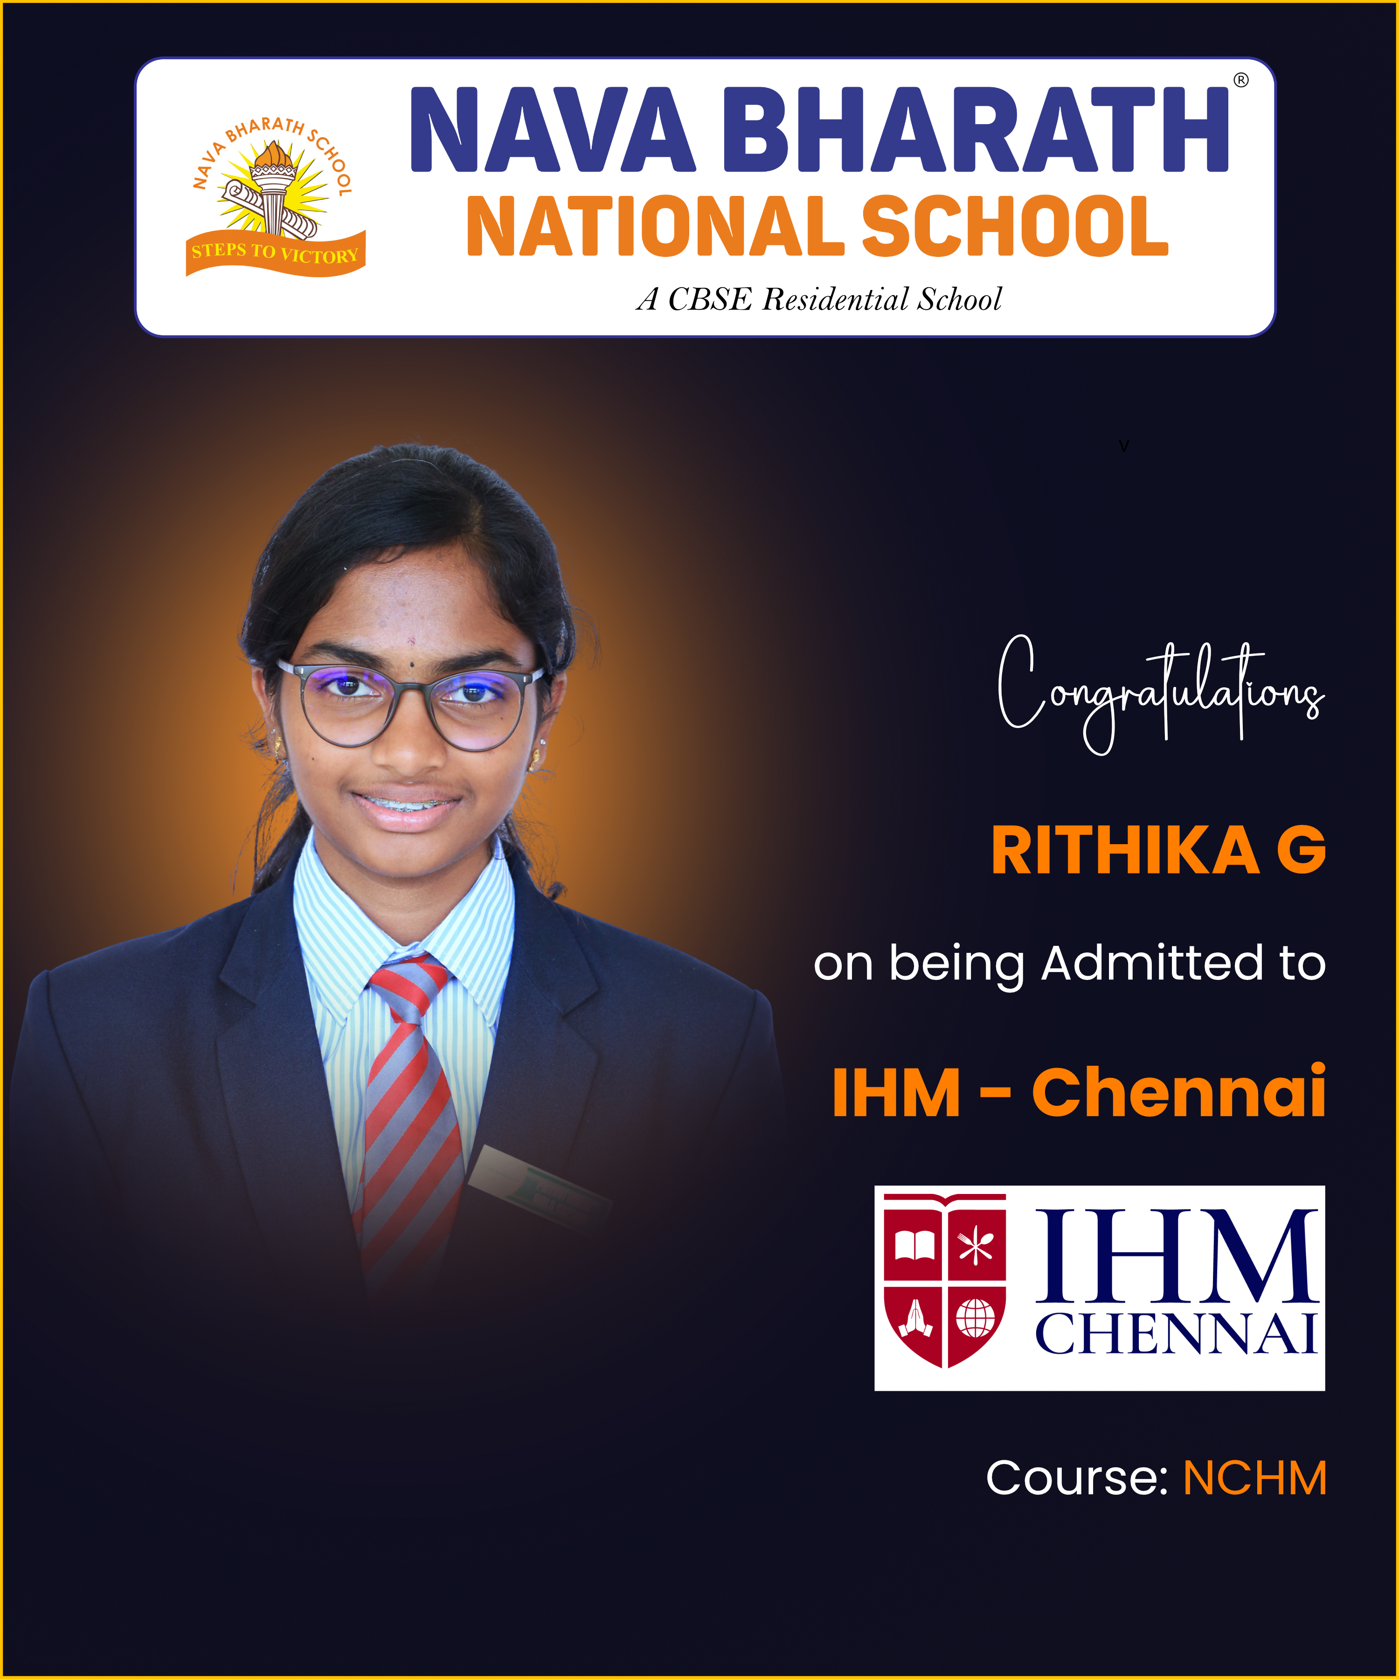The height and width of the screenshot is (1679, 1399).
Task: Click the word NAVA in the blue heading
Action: tap(553, 130)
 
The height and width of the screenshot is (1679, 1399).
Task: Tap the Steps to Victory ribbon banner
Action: tap(276, 253)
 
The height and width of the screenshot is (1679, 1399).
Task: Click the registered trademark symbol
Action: tap(1241, 80)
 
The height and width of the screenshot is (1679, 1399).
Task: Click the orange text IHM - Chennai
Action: tap(1079, 1092)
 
